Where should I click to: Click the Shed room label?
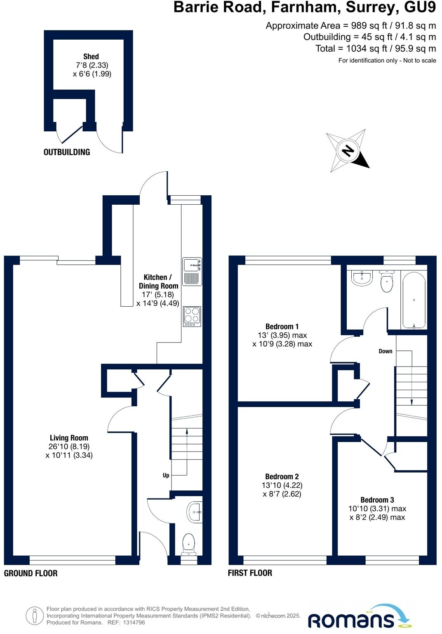[91, 57]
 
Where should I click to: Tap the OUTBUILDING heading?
[67, 152]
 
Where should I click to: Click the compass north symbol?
[348, 151]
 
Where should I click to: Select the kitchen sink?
[192, 271]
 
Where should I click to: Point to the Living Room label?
[69, 438]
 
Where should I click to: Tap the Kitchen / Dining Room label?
[158, 282]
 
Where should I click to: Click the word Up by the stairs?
[166, 475]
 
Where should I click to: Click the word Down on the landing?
[386, 351]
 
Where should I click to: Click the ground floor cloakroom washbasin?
[195, 512]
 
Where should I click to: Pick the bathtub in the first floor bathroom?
[414, 300]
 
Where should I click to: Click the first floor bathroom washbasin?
[362, 278]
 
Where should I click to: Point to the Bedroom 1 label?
[282, 326]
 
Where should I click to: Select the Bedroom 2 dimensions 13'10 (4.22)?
[282, 485]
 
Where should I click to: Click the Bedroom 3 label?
[377, 500]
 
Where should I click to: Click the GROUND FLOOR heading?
[31, 573]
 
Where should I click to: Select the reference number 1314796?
[132, 622]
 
